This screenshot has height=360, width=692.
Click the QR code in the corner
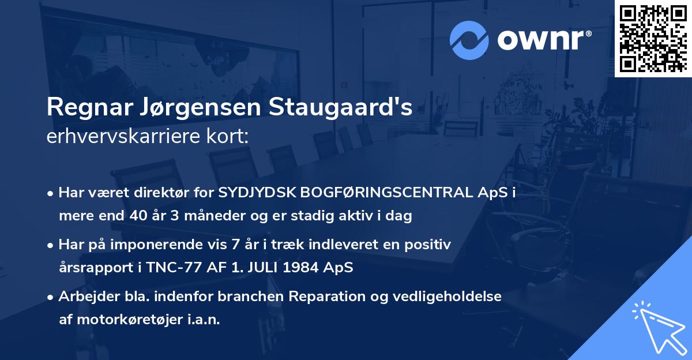[653, 38]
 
